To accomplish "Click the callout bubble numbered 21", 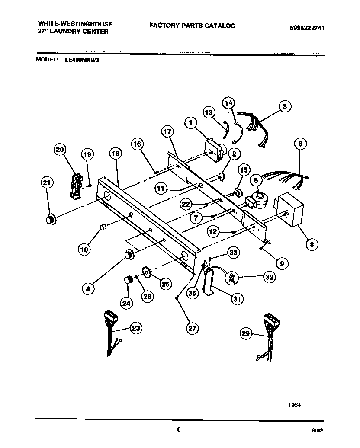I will click(47, 183).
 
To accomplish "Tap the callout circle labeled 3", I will click(284, 106).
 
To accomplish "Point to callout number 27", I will click(192, 328).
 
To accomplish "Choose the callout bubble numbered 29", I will click(246, 333).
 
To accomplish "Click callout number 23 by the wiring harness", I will click(136, 329).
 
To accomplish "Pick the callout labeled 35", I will click(192, 293).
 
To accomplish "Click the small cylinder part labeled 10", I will click(103, 227).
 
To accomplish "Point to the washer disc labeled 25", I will click(147, 273).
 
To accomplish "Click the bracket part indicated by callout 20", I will click(76, 186).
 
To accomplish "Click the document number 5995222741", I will click(307, 28).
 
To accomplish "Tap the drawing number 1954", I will click(295, 405).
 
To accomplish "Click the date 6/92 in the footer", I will click(317, 431).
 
